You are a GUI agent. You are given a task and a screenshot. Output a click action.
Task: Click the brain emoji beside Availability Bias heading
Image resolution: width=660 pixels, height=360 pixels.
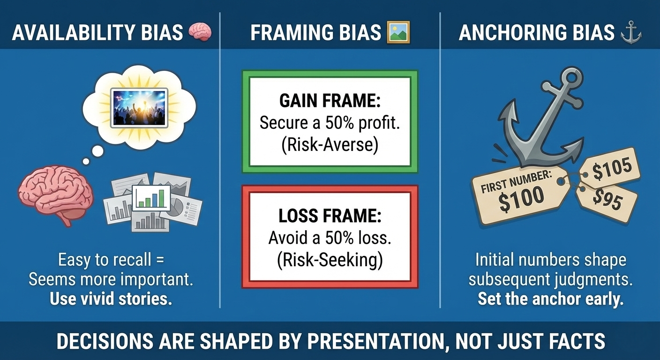click(x=200, y=32)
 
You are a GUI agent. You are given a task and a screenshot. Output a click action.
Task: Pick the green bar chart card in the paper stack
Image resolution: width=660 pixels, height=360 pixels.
click(x=151, y=197)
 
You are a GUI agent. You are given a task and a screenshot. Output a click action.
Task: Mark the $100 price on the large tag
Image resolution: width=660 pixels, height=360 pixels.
click(x=521, y=199)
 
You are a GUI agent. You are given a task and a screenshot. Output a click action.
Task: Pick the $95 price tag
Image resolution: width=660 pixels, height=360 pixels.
click(x=607, y=199)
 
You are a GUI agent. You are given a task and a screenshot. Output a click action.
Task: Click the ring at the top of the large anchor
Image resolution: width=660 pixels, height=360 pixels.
click(x=567, y=80)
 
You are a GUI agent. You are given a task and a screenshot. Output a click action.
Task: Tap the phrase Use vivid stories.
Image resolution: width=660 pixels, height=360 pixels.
click(x=111, y=299)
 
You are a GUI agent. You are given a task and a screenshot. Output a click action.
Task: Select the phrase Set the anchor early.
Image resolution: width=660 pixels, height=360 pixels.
click(x=550, y=299)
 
